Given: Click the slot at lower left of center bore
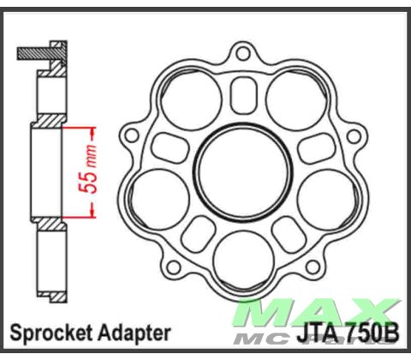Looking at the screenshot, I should pos(198,230).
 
